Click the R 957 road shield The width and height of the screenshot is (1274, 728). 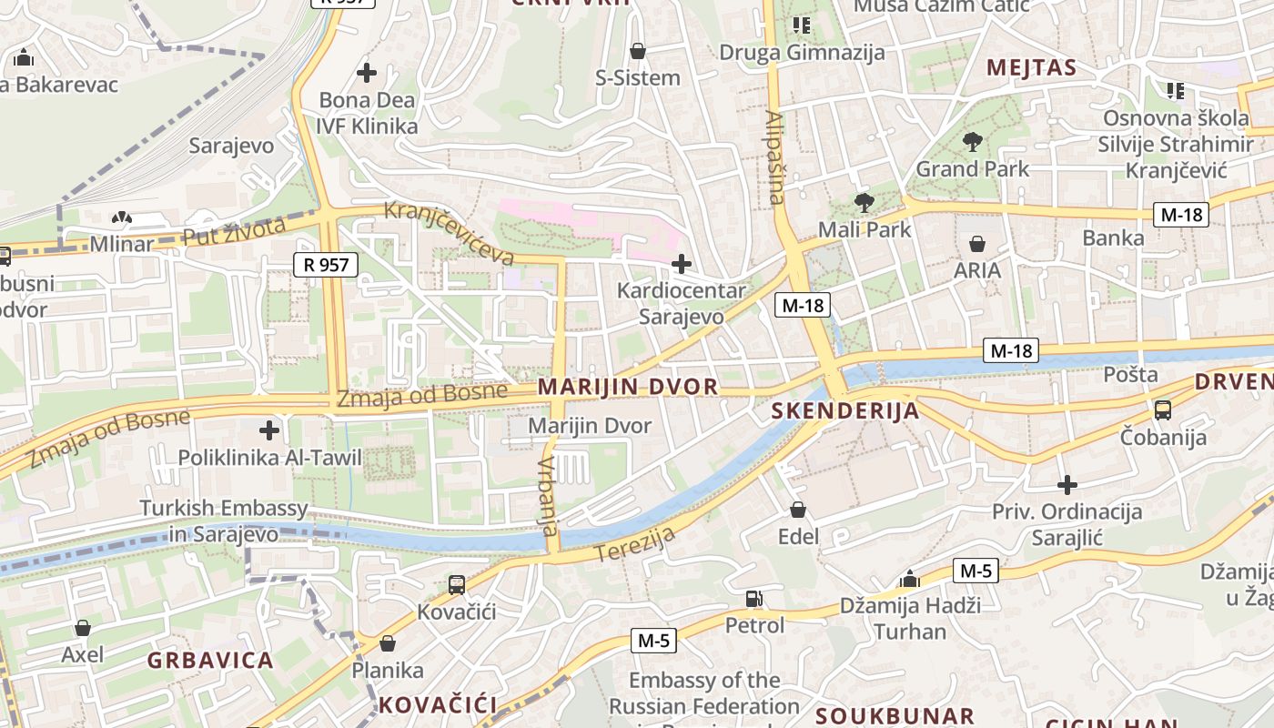point(326,265)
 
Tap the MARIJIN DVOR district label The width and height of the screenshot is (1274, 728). point(628,387)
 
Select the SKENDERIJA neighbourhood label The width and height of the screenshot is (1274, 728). point(845,411)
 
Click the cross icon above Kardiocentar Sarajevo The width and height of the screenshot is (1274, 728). point(681,264)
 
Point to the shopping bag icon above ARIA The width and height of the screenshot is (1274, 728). point(977,243)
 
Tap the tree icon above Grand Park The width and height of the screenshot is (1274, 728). point(972,141)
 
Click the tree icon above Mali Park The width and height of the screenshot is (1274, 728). point(864,202)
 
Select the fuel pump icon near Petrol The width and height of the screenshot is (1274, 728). point(753,598)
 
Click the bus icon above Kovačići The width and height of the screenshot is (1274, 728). point(457,584)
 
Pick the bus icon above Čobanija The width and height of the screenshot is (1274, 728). point(1163,409)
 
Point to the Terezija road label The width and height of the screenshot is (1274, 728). point(634,543)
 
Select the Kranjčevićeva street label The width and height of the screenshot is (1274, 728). point(449,233)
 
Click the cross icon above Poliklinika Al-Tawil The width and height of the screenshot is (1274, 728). point(269,430)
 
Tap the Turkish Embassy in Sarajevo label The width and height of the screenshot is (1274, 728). point(224,521)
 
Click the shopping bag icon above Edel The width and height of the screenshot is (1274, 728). point(798,510)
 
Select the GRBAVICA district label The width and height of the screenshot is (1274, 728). point(210,661)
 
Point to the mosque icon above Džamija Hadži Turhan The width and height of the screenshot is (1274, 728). point(909,579)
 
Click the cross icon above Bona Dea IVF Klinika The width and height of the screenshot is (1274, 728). point(367,72)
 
